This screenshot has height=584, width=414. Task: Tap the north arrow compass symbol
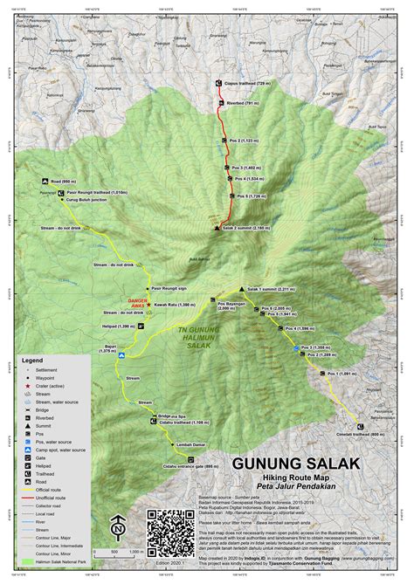click(116, 529)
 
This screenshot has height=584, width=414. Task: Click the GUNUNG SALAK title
click(294, 464)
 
